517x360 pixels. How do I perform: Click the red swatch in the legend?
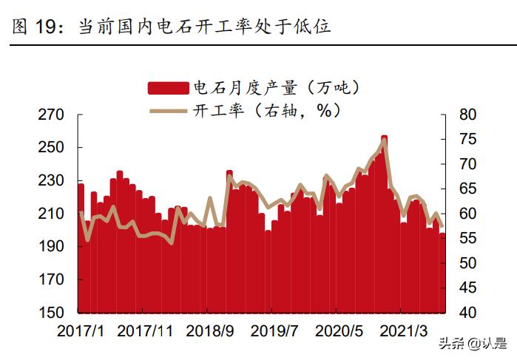pos(169,88)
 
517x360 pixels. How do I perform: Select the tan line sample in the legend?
pos(169,111)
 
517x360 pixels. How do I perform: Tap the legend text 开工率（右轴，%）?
pos(266,111)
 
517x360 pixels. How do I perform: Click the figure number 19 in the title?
pos(45,27)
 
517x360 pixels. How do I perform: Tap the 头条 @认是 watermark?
pos(473,343)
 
